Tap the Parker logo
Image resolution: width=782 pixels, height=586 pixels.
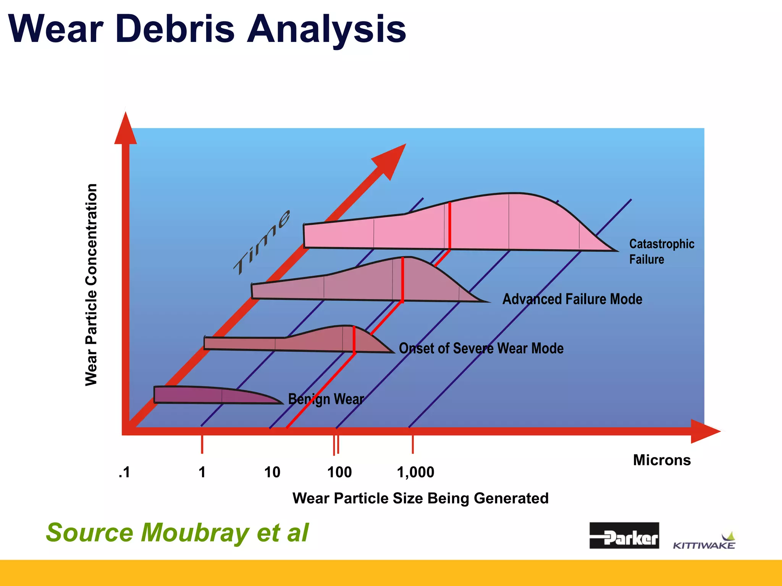pos(624,535)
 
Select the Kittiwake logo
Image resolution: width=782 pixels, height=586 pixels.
pos(704,542)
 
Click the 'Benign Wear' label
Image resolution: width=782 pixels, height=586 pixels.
pos(326,399)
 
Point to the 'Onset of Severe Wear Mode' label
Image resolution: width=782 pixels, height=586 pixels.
pos(481,348)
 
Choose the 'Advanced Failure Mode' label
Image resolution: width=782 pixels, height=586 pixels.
pos(572,299)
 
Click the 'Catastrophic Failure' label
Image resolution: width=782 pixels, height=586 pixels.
pos(661,251)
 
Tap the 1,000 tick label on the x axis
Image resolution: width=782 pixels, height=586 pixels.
pos(415,472)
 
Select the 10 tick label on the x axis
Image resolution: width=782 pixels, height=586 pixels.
pos(272,472)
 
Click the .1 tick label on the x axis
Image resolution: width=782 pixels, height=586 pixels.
pos(124,472)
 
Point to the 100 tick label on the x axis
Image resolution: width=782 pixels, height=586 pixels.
pos(339,472)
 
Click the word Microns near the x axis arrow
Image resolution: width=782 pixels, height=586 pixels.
pos(662,460)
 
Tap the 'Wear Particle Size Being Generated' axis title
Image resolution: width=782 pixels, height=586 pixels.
pos(420,498)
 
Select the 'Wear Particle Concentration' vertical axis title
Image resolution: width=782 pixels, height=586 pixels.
pos(91,285)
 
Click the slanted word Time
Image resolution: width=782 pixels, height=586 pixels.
pos(263,243)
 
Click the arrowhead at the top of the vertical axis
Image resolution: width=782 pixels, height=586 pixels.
pos(126,130)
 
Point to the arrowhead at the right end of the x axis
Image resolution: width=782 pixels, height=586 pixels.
pos(704,431)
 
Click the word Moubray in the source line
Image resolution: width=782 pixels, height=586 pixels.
pos(195,532)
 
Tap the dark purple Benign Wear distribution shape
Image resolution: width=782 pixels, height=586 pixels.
pos(206,395)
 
